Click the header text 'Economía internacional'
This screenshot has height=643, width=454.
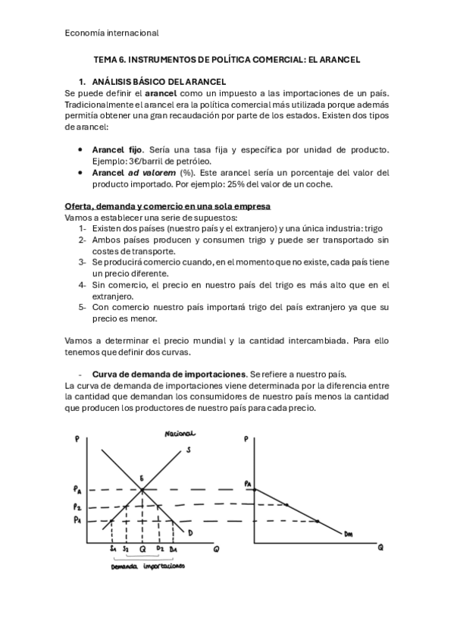coord(111,33)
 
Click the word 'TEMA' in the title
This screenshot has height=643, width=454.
coord(105,58)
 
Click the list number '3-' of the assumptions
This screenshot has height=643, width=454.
coord(83,262)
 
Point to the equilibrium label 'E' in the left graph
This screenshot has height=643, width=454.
coord(141,478)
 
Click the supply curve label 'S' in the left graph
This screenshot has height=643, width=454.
coord(188,451)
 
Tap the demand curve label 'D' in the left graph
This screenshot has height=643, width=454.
coord(191,534)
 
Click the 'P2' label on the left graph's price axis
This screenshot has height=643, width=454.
coord(77,506)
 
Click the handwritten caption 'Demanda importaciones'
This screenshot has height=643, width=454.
coord(147,566)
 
